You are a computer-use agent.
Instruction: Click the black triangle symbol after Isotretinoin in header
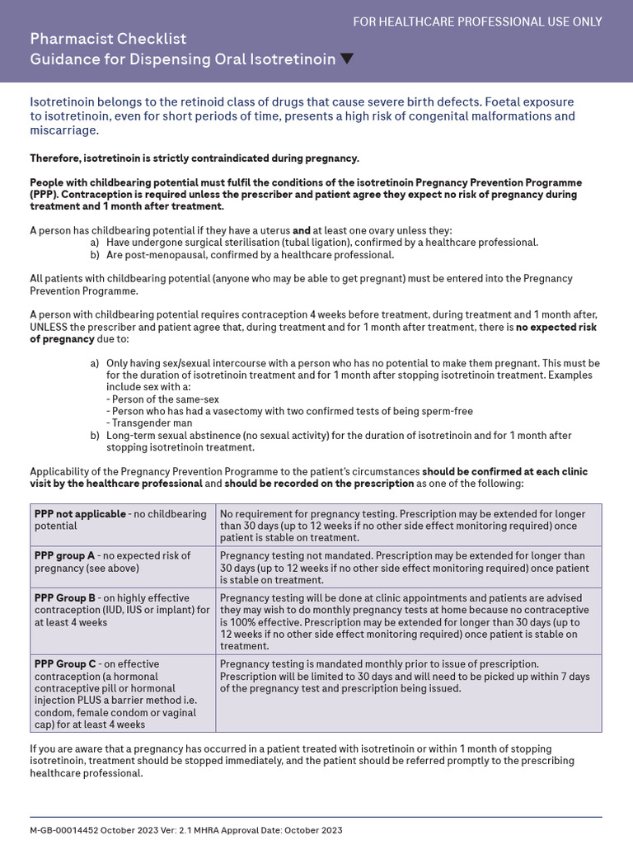[347, 59]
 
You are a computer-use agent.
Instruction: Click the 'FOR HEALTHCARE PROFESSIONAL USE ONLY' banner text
[477, 21]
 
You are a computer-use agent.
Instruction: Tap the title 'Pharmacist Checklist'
[108, 39]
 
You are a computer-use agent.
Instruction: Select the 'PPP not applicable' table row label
[80, 514]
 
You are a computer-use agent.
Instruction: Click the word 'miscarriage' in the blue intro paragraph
[63, 130]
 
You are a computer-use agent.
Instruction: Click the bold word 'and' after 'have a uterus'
[302, 230]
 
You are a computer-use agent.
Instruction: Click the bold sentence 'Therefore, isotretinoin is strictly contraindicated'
[194, 158]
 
